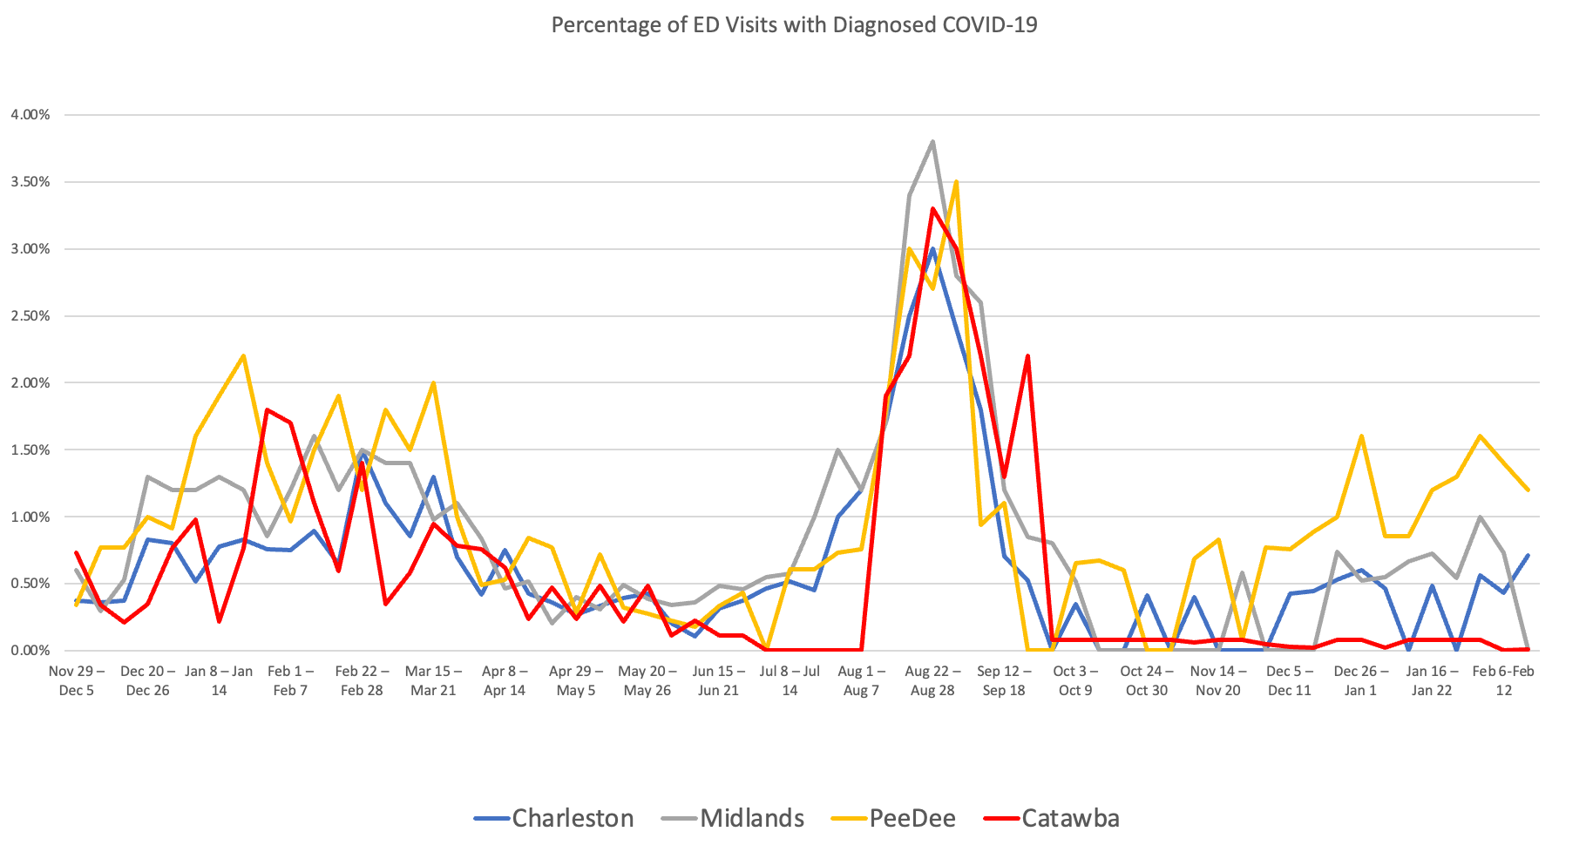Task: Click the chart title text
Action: (x=794, y=24)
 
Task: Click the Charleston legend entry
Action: (x=572, y=818)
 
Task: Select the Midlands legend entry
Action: (x=751, y=818)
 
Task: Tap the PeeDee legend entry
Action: (x=912, y=818)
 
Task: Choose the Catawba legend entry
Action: (x=1070, y=818)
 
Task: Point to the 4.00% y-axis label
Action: (x=30, y=114)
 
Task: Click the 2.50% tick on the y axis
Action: (x=30, y=315)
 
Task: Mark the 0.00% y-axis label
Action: (x=30, y=650)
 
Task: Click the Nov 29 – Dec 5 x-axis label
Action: (x=77, y=680)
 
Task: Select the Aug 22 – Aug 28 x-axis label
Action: (x=932, y=680)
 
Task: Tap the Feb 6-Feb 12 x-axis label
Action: (x=1503, y=680)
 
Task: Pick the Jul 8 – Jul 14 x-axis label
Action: (x=790, y=680)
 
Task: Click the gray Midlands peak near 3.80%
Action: (x=932, y=141)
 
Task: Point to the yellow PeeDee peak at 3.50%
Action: (x=957, y=182)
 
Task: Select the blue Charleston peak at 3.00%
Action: (x=932, y=249)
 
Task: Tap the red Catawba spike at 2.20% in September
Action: (x=1028, y=355)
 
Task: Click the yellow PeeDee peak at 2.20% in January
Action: (x=243, y=355)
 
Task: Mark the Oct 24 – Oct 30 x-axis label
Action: (x=1147, y=680)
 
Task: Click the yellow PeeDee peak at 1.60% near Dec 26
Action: (x=1361, y=436)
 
